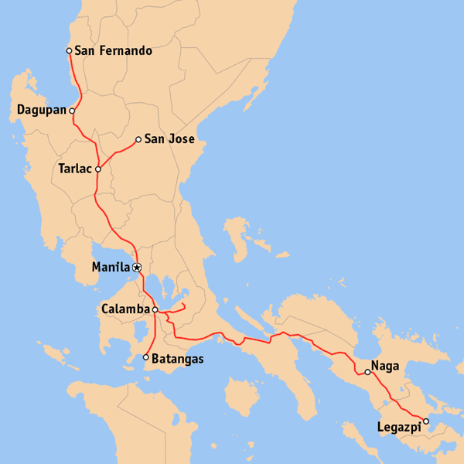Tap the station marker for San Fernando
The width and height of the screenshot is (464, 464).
coord(69,51)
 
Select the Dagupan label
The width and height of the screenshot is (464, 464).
coord(41,111)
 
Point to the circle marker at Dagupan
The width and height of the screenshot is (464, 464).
coord(72,111)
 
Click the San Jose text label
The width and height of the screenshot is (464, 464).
coord(169,140)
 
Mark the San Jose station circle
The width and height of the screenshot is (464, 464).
coord(138,140)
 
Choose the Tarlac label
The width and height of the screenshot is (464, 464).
coord(75,169)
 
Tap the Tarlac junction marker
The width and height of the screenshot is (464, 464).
coord(98,169)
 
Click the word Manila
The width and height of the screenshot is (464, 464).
coord(110,268)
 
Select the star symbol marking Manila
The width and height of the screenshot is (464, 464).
coord(137,268)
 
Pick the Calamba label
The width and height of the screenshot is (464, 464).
coord(125,309)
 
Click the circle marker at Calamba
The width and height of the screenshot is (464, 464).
coord(155,309)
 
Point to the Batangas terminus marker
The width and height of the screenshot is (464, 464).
coord(146,357)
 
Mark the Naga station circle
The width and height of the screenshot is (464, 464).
coord(368,372)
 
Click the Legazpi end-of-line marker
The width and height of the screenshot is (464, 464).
coord(425,421)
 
